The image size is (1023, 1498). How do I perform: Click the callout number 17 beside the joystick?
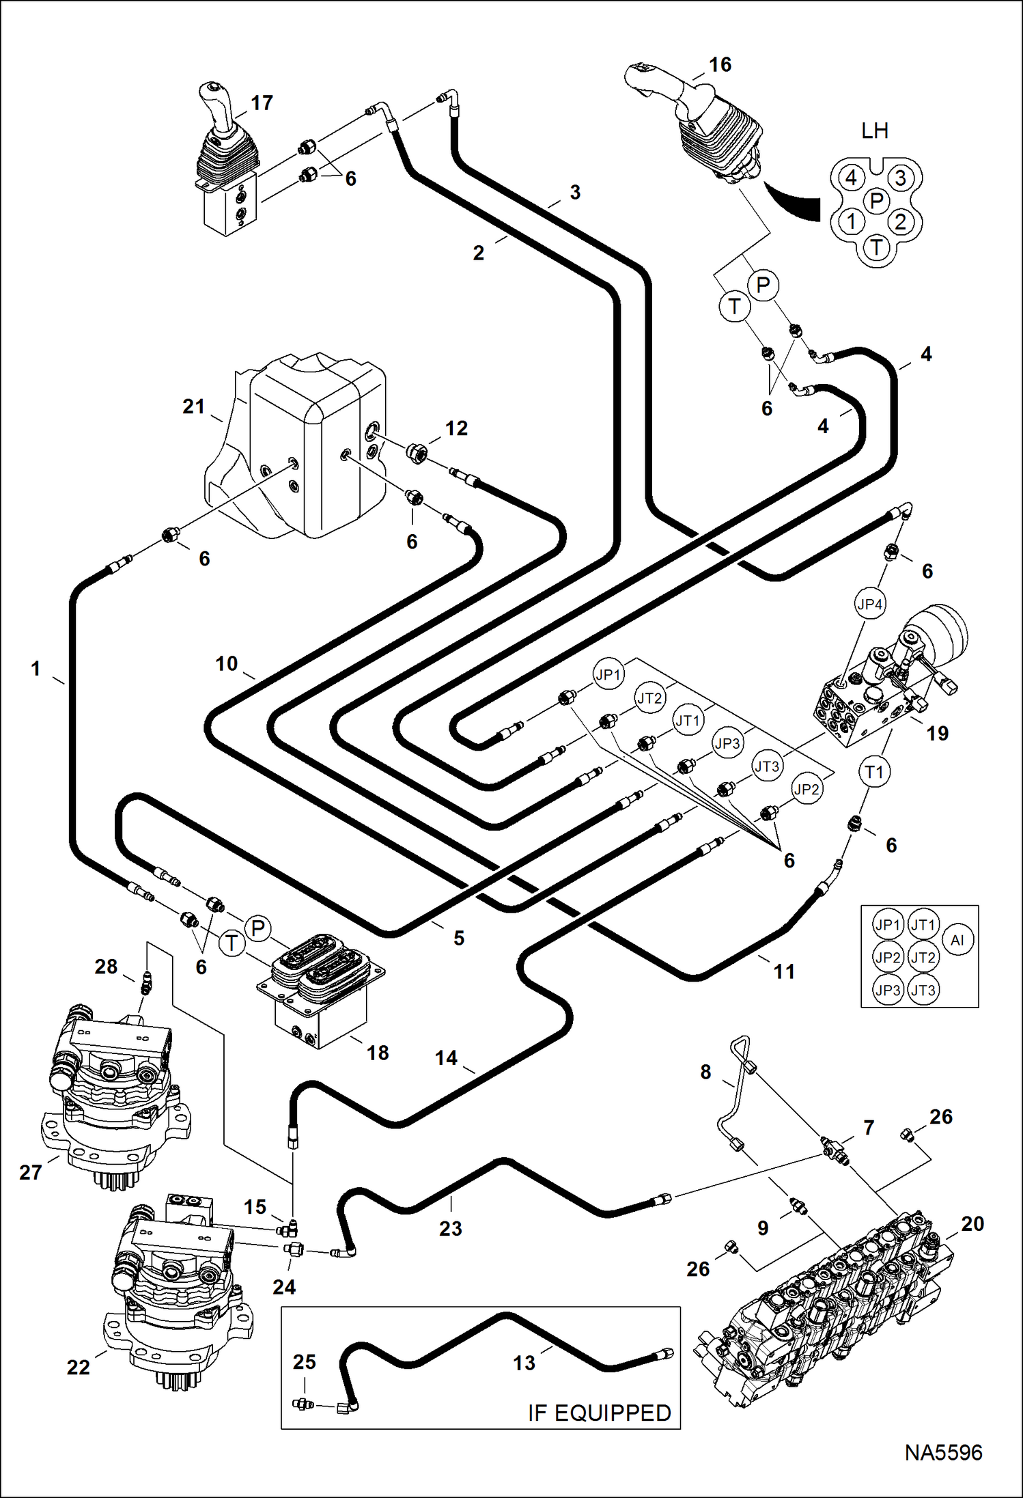(x=262, y=102)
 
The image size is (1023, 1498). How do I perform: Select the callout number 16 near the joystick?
(x=720, y=65)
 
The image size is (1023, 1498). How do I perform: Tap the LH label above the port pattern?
(x=874, y=130)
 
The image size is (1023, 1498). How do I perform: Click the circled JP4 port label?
(x=869, y=604)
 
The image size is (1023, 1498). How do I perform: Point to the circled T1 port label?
(x=874, y=773)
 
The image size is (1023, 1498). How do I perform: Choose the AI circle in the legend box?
(x=957, y=940)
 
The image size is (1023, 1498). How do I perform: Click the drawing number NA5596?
(x=943, y=1452)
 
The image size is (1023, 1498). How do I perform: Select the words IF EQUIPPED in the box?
(x=599, y=1413)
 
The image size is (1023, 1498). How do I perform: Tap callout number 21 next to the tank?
(x=193, y=406)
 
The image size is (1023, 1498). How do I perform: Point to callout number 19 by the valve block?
(x=937, y=733)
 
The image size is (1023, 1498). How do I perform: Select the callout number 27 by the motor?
(x=30, y=1172)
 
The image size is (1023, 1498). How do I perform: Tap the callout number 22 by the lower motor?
(x=78, y=1367)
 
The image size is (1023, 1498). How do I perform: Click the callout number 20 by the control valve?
(x=972, y=1223)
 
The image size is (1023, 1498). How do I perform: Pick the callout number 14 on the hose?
(x=446, y=1057)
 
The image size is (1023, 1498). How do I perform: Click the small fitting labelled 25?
(x=301, y=1404)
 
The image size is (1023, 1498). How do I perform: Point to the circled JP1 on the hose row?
(x=608, y=675)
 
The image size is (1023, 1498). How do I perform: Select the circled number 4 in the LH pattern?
(x=851, y=178)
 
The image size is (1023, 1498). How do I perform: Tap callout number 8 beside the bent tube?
(x=705, y=1072)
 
